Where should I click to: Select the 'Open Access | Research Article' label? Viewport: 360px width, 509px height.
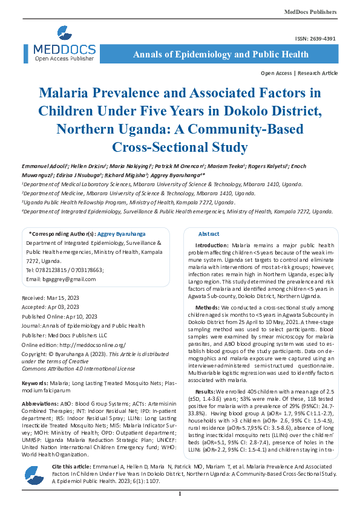(x=299, y=73)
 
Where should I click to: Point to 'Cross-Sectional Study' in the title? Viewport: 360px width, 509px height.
(x=180, y=147)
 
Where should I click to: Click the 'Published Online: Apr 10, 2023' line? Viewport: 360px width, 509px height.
(x=59, y=316)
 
